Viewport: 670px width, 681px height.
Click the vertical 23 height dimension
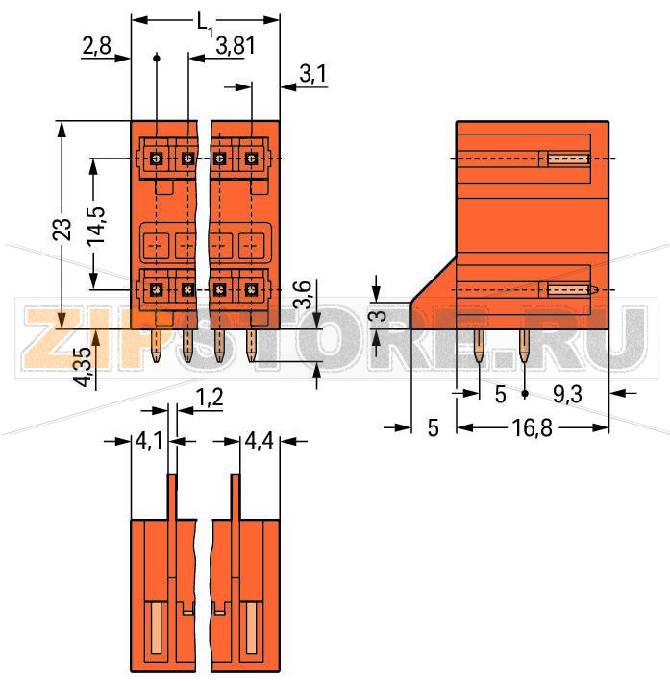click(62, 229)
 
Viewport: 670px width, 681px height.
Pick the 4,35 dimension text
click(84, 366)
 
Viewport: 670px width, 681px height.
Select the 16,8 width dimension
click(533, 428)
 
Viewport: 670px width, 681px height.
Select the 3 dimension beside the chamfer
click(380, 315)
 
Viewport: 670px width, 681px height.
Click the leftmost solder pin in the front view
click(157, 347)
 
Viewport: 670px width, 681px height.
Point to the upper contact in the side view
click(567, 158)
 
